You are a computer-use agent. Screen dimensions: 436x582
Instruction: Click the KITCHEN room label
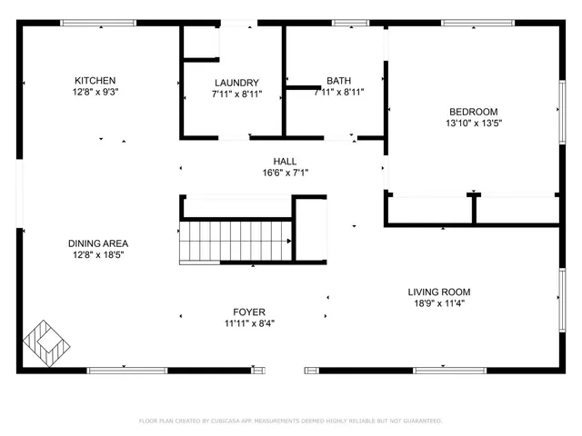pos(95,81)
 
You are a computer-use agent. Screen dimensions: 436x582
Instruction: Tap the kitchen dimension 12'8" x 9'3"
pos(95,92)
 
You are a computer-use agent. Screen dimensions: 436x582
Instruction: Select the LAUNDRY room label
pos(236,83)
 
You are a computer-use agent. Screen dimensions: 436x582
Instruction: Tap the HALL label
pos(285,162)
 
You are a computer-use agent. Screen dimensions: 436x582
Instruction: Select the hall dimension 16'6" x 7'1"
pos(285,173)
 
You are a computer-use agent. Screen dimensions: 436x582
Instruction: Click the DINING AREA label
pos(98,243)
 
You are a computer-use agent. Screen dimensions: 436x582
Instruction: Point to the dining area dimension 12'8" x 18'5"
pos(98,255)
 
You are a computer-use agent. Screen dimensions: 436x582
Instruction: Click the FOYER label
pos(250,312)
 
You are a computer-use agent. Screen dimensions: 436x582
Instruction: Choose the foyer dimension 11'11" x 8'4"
pos(250,323)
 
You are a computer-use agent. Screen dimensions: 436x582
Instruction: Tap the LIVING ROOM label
pos(438,292)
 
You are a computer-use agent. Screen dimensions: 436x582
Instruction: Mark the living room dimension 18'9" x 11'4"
pos(438,304)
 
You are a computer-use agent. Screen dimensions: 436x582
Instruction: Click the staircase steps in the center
pos(235,242)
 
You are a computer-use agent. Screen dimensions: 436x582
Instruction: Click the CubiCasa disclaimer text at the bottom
pos(290,421)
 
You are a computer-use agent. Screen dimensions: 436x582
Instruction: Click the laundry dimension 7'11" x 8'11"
pos(236,93)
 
